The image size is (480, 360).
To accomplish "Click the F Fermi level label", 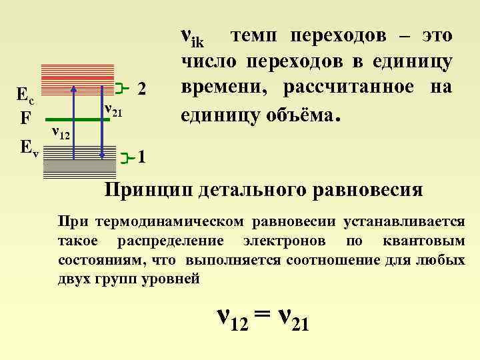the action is click(25, 118).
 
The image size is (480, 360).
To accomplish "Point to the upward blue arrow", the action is click(74, 120).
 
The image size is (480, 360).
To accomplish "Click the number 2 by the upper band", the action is click(141, 88).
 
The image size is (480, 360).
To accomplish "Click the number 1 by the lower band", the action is click(141, 158).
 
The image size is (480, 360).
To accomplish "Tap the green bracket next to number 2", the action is click(120, 87).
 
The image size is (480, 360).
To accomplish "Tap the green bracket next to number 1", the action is click(128, 157).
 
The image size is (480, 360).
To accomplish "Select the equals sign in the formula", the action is click(261, 315).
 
